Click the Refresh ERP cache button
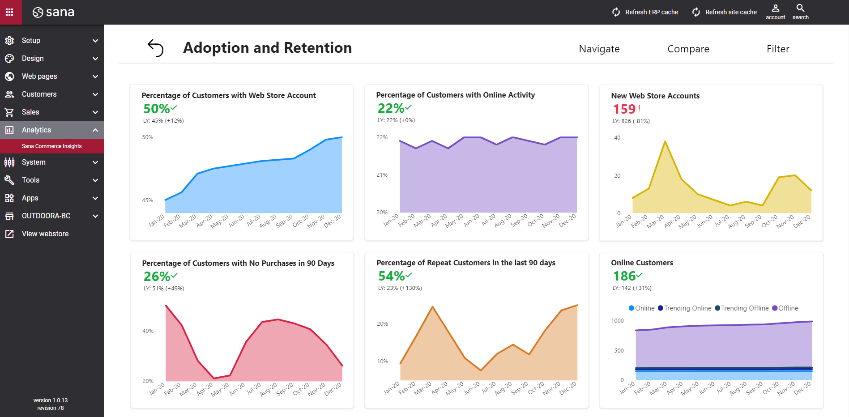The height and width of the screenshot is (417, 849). [x=645, y=12]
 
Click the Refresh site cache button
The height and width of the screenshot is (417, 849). [x=725, y=12]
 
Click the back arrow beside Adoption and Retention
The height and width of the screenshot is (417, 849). [x=155, y=48]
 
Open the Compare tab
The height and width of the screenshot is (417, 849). [x=688, y=49]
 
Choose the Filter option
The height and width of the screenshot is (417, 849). [x=777, y=49]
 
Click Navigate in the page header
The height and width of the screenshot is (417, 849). [x=599, y=49]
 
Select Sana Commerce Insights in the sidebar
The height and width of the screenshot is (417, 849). [x=51, y=146]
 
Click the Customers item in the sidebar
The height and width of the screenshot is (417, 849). [x=39, y=94]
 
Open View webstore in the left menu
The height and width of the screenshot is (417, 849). [x=45, y=234]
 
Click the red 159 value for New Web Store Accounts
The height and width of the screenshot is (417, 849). [x=624, y=109]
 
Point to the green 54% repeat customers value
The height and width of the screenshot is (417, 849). [x=392, y=276]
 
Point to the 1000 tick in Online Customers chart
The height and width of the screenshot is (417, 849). [x=617, y=321]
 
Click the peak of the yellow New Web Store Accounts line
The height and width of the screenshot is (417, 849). [x=665, y=141]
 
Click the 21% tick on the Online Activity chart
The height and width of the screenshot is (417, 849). [x=382, y=175]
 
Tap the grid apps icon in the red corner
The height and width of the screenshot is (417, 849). [x=9, y=12]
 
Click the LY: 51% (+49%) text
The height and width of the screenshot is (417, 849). [x=164, y=289]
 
